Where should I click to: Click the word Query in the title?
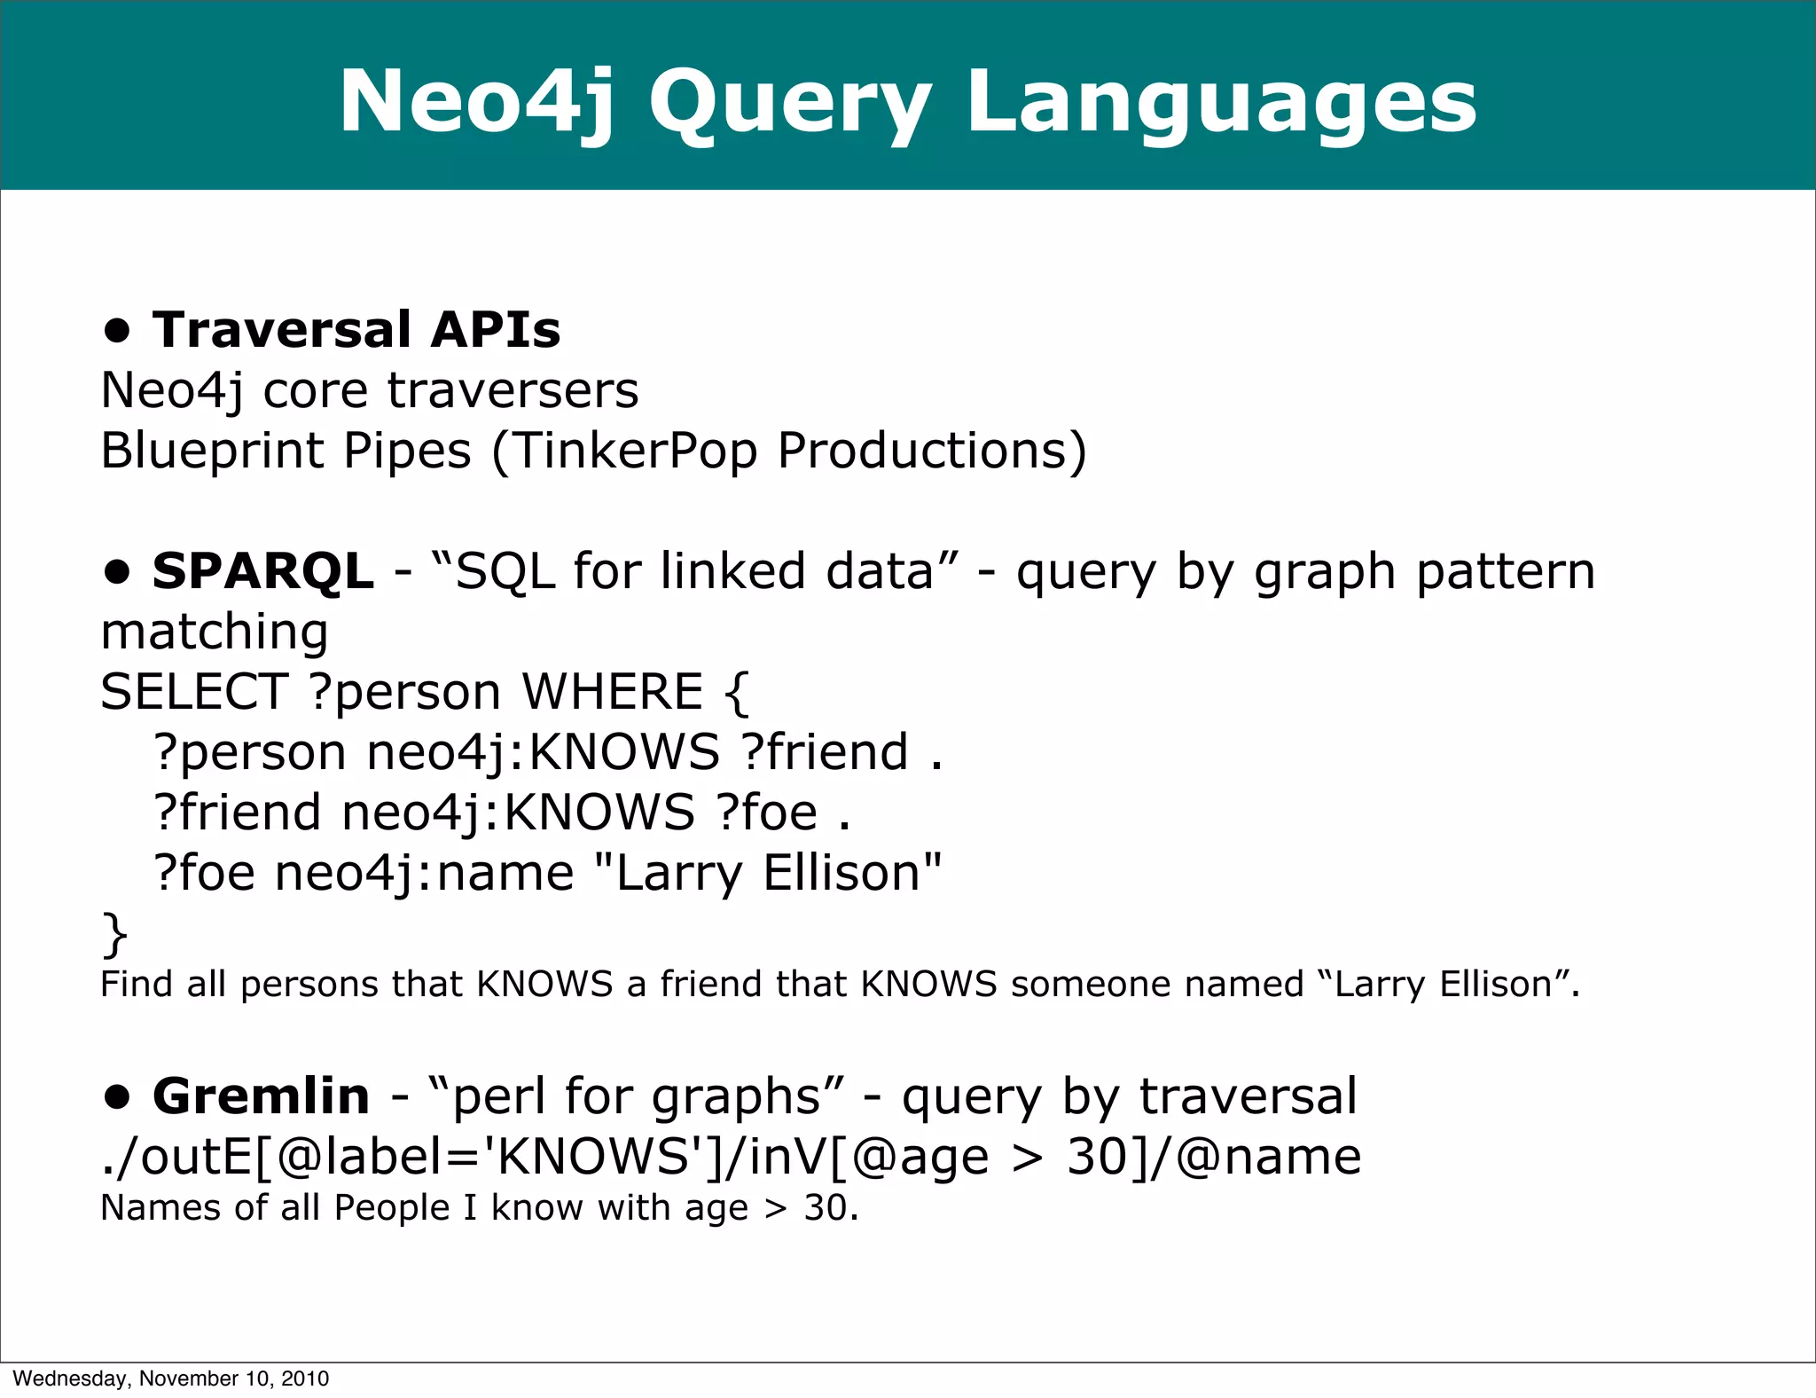(x=789, y=103)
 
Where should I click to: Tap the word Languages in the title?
(x=1221, y=103)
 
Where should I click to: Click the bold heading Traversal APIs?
(x=356, y=330)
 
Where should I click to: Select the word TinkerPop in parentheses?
(x=635, y=451)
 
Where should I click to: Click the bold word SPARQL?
(x=262, y=570)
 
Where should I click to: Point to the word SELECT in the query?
(x=194, y=692)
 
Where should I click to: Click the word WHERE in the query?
(x=612, y=692)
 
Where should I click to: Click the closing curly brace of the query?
(x=114, y=934)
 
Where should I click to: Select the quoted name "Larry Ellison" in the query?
(x=767, y=873)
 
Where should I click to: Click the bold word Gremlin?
(x=261, y=1096)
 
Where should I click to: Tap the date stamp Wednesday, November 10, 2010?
(x=171, y=1378)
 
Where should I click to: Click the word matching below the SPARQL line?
(x=215, y=632)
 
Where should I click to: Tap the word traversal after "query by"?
(x=1248, y=1096)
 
